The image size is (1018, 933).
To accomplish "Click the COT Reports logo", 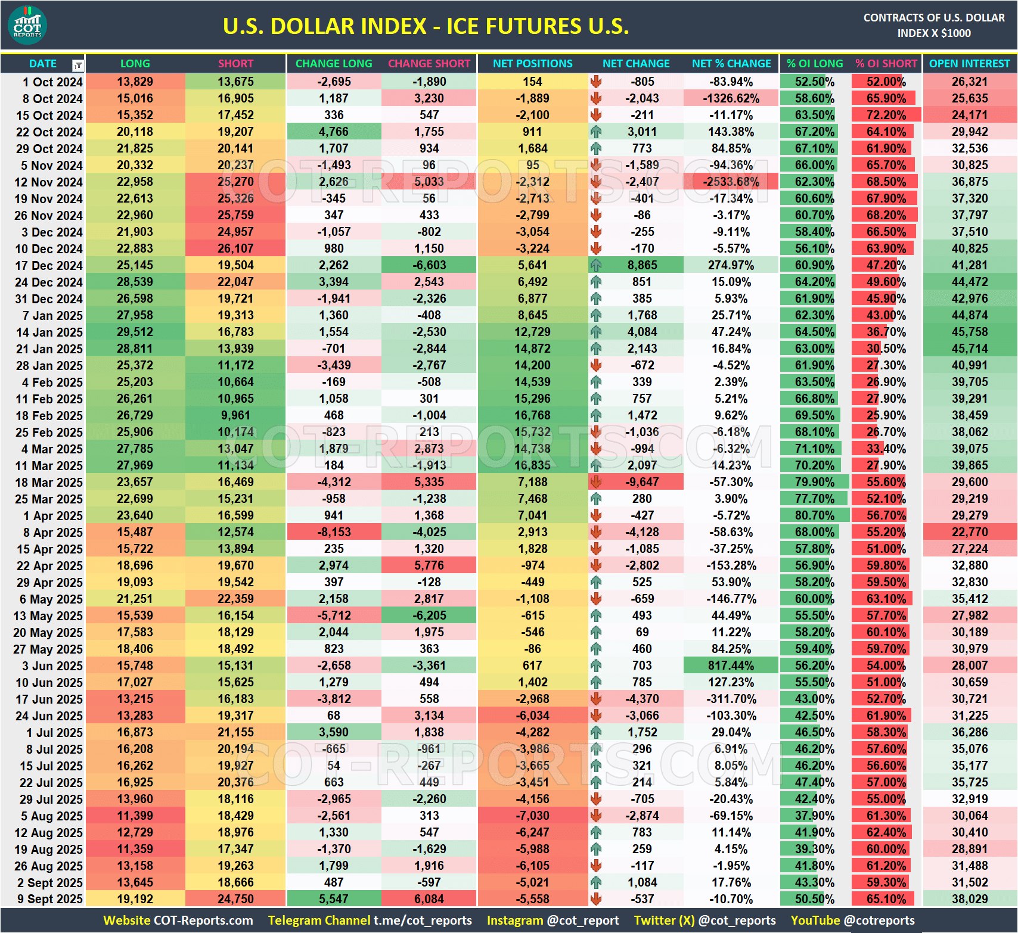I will tap(27, 25).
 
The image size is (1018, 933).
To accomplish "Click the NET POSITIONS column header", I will tap(532, 64).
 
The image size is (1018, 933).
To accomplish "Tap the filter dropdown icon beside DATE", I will tap(77, 65).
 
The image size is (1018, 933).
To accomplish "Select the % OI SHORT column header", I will tap(886, 64).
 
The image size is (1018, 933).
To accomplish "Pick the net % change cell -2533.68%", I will tap(731, 182).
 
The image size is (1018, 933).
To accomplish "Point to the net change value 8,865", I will tap(642, 265).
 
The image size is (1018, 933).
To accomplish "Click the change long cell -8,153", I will tap(334, 532).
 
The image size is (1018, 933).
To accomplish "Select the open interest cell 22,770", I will tap(969, 532).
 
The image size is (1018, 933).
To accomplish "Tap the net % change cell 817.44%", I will tap(731, 665).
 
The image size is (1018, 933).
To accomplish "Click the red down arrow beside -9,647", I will tap(596, 482).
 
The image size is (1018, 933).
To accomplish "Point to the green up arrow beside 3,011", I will tap(596, 132).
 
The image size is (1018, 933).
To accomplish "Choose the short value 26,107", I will tap(235, 248).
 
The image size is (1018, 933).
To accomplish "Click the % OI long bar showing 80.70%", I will tap(814, 515).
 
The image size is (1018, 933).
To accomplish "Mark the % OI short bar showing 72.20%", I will tap(886, 115).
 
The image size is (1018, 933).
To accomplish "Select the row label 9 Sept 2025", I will tap(49, 899).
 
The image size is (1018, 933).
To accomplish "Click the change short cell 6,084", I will tap(429, 899).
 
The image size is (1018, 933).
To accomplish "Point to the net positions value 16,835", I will tap(532, 465).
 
